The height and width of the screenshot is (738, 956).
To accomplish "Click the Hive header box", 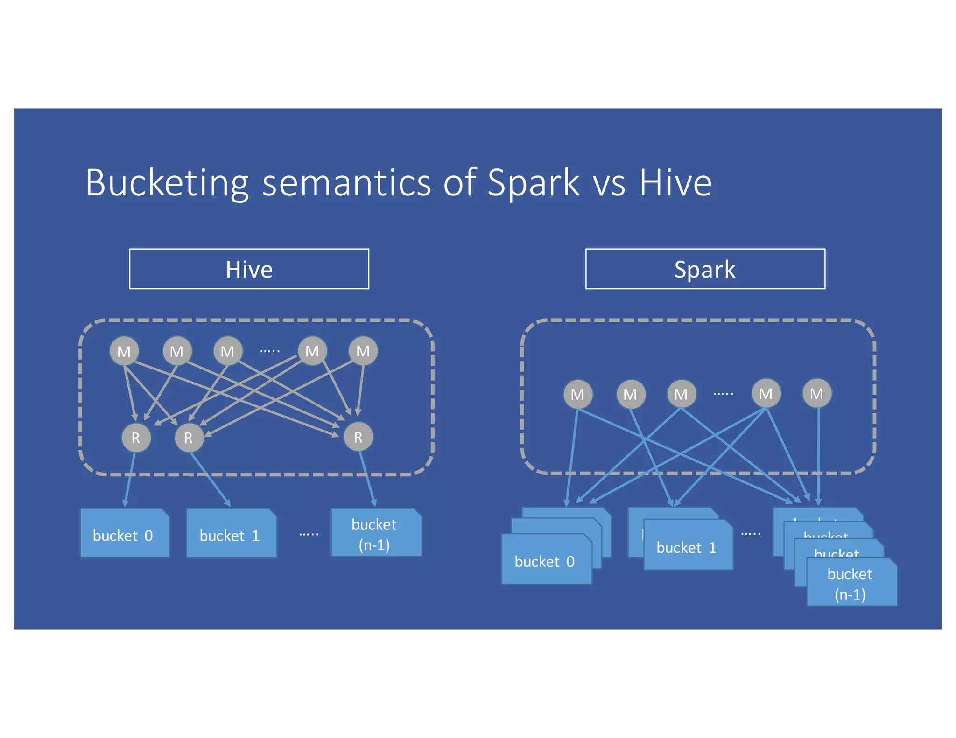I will point(249,269).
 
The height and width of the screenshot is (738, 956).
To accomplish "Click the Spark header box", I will point(705,269).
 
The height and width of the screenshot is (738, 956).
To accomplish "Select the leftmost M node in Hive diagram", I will point(124,351).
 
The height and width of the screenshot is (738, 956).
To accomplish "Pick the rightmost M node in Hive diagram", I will point(363,351).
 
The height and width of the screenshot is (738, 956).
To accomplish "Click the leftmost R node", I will point(136,438).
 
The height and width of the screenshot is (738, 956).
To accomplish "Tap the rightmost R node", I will point(358,437).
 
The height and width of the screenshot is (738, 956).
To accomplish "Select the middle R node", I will point(189,438).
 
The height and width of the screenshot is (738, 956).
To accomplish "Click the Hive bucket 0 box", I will point(124,534).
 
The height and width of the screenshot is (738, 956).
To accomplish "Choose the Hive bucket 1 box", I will point(231,534).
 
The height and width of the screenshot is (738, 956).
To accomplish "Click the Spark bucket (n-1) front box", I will point(851,583).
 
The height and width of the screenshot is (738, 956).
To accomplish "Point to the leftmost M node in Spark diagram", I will point(577,394).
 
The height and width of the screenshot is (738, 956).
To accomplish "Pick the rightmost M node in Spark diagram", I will point(816,394).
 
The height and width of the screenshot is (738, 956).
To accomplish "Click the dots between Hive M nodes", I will point(270,351).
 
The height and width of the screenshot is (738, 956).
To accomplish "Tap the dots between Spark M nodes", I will point(723,394).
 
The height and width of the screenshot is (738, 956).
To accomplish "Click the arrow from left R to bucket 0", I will point(129,480).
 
